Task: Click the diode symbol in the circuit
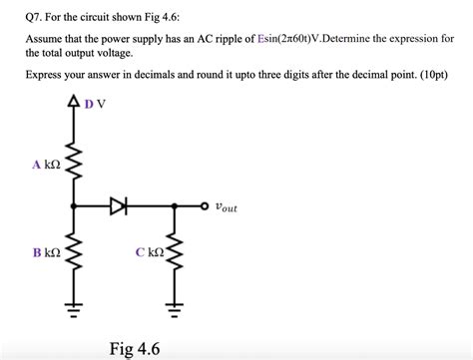(120, 206)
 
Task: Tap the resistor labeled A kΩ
(74, 167)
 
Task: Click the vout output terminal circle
(206, 207)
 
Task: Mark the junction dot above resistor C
(176, 207)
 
